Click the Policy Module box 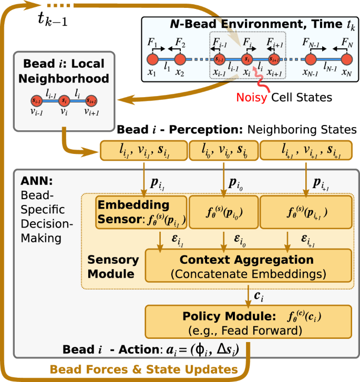248,322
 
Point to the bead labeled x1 152,59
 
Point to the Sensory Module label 113,267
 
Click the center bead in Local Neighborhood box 64,99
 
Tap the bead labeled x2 179,59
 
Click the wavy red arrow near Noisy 258,79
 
